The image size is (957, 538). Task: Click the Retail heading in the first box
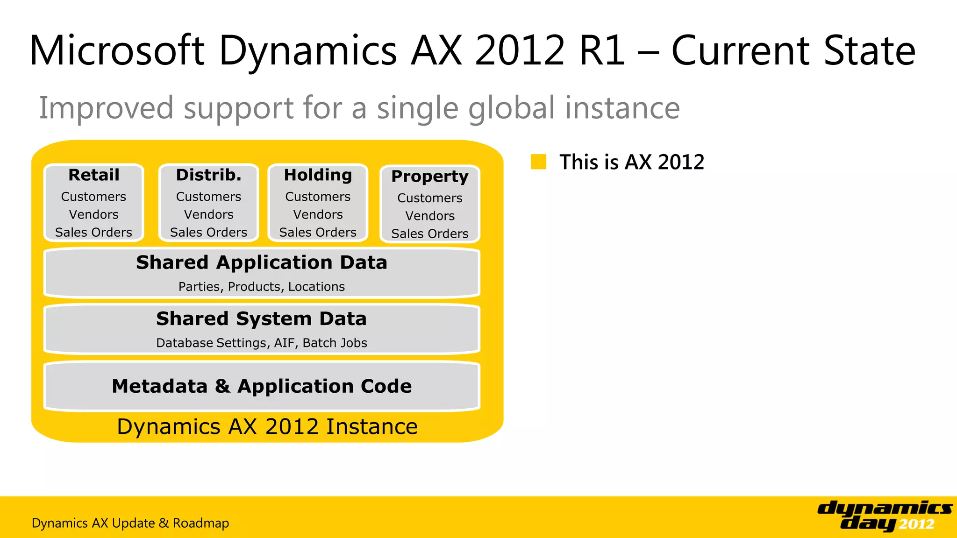[x=94, y=175]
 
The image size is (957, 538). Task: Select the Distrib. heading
[x=208, y=175]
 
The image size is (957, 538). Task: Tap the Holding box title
[x=318, y=175]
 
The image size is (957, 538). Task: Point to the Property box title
[x=430, y=177]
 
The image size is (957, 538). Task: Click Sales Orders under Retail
[x=93, y=232]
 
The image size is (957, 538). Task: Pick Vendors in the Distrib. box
[x=208, y=214]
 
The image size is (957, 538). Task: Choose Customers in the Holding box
[x=318, y=197]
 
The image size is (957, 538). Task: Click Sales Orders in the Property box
[x=430, y=234]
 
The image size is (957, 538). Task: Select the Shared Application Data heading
[x=262, y=262]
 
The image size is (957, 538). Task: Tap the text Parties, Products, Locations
[x=262, y=286]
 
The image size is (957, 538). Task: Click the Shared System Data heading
[x=262, y=319]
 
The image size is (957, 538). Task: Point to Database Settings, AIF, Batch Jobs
[x=262, y=343]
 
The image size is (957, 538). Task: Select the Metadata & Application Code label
[x=262, y=386]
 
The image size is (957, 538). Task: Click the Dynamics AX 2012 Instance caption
[x=267, y=426]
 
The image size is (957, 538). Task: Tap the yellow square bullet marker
[x=538, y=162]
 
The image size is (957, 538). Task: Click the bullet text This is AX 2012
[x=632, y=162]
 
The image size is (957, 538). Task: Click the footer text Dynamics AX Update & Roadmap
[x=130, y=523]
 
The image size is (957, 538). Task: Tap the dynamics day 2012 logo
[x=885, y=516]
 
